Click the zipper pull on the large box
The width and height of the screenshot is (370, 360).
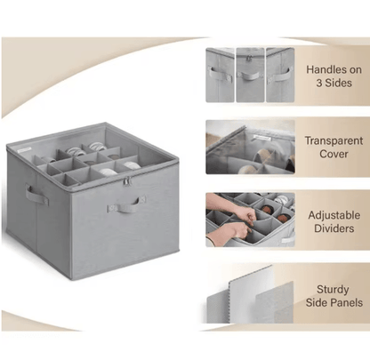coord(127,181)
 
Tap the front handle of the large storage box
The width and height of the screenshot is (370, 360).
coord(127,204)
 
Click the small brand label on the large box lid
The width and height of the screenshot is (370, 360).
coord(24,150)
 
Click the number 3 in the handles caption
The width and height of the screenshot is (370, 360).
coord(319,83)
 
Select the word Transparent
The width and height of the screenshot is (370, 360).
coord(334,140)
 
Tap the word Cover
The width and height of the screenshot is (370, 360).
coord(334,154)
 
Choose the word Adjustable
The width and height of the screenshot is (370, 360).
coord(334,215)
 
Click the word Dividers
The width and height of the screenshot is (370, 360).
coord(334,228)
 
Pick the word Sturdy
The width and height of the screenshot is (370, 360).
coord(333,290)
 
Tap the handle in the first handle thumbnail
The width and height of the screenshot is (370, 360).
coord(221,74)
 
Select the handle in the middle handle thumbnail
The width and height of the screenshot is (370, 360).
coord(250,76)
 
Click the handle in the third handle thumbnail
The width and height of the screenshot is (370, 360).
coord(279,76)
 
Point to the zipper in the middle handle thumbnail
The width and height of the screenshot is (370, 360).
coord(248,59)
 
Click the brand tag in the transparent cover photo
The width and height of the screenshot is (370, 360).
coord(262,138)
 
